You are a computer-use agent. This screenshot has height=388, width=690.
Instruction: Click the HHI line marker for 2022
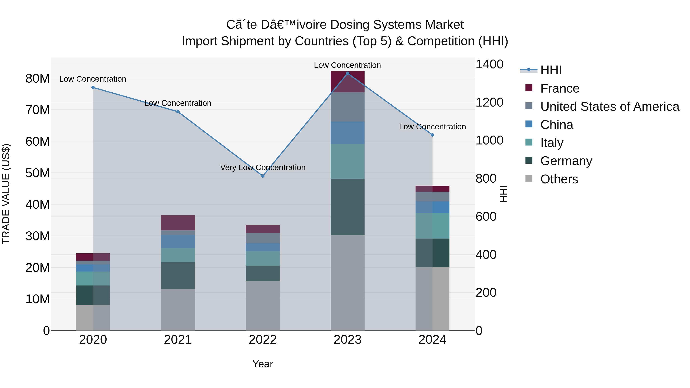[x=263, y=176]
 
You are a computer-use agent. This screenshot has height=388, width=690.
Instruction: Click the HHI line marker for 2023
[x=347, y=73]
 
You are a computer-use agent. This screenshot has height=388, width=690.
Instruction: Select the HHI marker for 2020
[x=93, y=88]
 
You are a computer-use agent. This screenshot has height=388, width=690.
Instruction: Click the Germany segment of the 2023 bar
[x=347, y=207]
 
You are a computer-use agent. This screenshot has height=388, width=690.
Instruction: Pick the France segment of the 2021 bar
[x=178, y=222]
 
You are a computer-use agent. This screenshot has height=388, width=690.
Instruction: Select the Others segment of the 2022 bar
[x=263, y=306]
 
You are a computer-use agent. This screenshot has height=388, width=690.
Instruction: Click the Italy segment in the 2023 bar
[x=347, y=162]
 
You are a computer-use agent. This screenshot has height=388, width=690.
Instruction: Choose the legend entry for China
[x=556, y=125]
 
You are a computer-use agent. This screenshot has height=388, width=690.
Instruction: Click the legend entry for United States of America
[x=609, y=107]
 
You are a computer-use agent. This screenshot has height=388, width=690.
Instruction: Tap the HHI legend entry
[x=550, y=70]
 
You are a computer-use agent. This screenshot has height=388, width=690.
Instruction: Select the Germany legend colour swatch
[x=529, y=161]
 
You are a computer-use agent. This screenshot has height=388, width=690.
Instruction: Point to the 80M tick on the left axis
[x=38, y=78]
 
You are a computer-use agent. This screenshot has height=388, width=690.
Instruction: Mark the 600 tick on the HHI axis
[x=486, y=217]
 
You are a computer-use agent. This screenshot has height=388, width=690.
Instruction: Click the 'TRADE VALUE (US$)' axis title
[x=6, y=194]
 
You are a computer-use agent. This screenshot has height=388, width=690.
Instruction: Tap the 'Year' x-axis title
[x=263, y=364]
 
